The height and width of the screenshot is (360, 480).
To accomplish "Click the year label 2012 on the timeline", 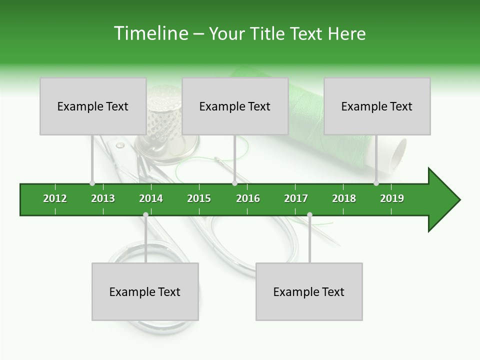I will click(55, 198).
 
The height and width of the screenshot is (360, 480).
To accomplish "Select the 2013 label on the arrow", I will click(103, 198).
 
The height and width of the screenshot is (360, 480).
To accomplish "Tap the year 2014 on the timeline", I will click(151, 198).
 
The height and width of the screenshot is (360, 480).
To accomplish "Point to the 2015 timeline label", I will click(199, 198).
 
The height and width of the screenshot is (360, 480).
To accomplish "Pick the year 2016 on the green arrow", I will click(248, 198).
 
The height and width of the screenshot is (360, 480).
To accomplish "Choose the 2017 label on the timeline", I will click(296, 198).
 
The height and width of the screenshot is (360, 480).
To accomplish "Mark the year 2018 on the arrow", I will click(344, 198).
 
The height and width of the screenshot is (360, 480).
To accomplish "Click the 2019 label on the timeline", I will click(392, 198).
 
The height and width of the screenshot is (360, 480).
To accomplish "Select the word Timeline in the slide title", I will click(150, 33).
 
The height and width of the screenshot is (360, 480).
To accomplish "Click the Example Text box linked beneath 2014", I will click(145, 291).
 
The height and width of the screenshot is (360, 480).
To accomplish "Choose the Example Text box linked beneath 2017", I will click(309, 291).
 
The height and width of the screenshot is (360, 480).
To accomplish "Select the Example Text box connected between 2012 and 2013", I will click(93, 106).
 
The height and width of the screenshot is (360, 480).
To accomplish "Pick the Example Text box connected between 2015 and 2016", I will click(235, 106).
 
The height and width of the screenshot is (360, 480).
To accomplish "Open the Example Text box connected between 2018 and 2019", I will click(377, 106).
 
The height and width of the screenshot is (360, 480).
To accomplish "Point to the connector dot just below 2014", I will click(145, 215).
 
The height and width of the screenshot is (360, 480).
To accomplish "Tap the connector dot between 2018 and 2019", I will click(376, 183).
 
